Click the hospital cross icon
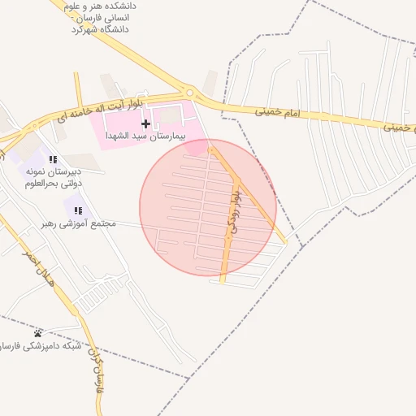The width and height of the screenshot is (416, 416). (145, 124)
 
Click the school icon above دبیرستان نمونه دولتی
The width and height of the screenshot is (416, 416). (53, 159)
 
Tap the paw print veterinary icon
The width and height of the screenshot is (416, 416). (38, 333)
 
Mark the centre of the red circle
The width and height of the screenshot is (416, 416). (208, 207)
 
